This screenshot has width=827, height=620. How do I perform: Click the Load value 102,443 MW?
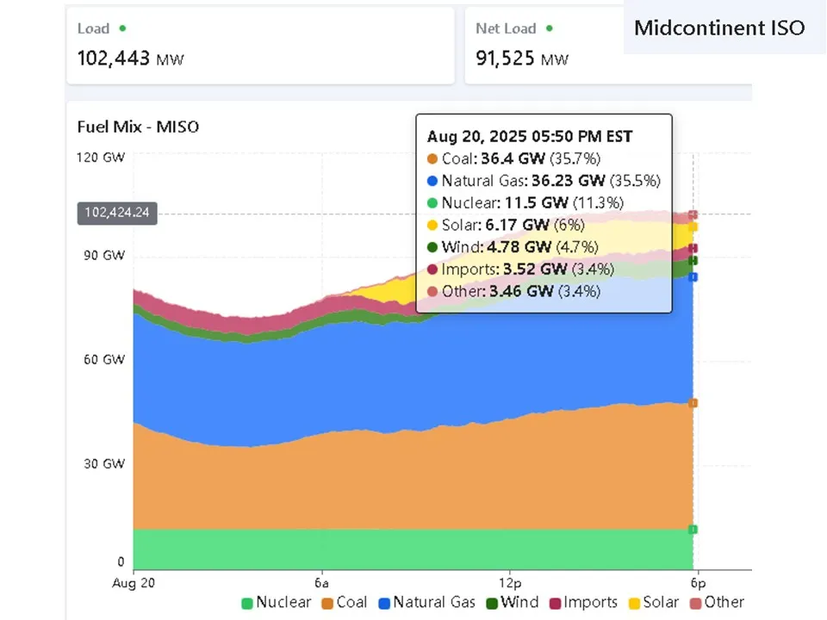pos(130,59)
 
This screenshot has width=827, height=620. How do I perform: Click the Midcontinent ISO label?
pos(719,28)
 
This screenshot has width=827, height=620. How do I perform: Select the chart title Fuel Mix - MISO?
pos(138,127)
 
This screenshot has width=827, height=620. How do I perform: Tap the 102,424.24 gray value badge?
pos(117,213)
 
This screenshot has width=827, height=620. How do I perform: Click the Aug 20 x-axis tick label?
pos(134,582)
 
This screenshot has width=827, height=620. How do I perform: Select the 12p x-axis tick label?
pos(509,582)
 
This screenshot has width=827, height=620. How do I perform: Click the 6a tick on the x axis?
pos(322,582)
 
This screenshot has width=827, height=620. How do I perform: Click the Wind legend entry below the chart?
pos(513,603)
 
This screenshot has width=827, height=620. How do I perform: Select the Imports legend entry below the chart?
pos(582,603)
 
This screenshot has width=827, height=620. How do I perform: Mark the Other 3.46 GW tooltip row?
pos(513,291)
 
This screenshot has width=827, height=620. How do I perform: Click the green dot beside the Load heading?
pos(122,28)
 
